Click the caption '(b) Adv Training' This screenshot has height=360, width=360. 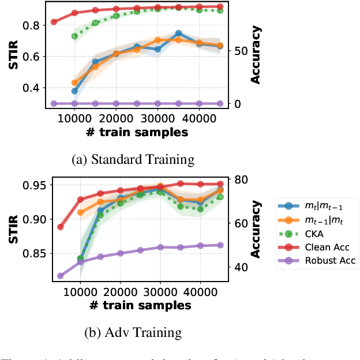[x=134, y=332]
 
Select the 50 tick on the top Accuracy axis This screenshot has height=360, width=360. [x=239, y=51]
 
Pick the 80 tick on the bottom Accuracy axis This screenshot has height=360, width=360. [x=239, y=179]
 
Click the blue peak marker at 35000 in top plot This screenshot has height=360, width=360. [x=179, y=33]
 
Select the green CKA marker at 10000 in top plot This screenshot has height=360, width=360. [x=74, y=36]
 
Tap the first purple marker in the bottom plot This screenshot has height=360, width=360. [x=61, y=276]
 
